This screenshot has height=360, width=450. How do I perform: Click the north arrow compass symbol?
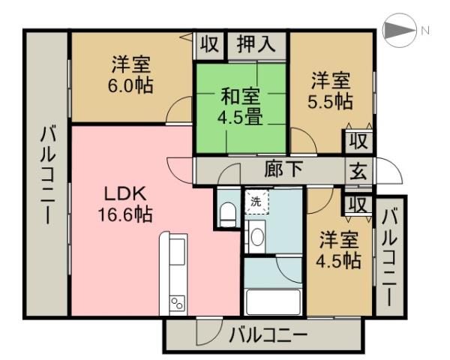click(397, 31)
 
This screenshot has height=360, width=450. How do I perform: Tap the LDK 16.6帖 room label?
click(125, 203)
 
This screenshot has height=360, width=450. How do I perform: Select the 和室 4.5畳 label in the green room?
click(241, 106)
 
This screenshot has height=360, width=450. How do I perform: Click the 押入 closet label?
click(257, 43)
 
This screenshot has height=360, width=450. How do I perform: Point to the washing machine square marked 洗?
click(256, 202)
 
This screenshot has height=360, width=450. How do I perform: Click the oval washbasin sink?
click(256, 238)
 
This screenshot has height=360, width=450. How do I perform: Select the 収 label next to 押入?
click(210, 43)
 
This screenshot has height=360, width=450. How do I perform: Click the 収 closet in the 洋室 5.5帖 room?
click(357, 140)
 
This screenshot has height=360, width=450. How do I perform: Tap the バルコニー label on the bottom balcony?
click(268, 334)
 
